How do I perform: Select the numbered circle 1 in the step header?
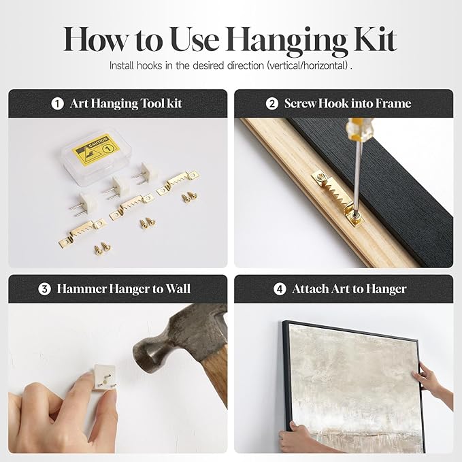[x=57, y=103]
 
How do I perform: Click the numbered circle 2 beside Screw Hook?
[x=271, y=103]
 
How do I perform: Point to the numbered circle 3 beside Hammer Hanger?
[x=44, y=289]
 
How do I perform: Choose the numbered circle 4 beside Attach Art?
[x=280, y=289]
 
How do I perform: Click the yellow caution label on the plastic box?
[x=96, y=149]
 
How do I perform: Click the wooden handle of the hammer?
[x=216, y=376]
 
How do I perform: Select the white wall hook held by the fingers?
[x=103, y=378]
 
